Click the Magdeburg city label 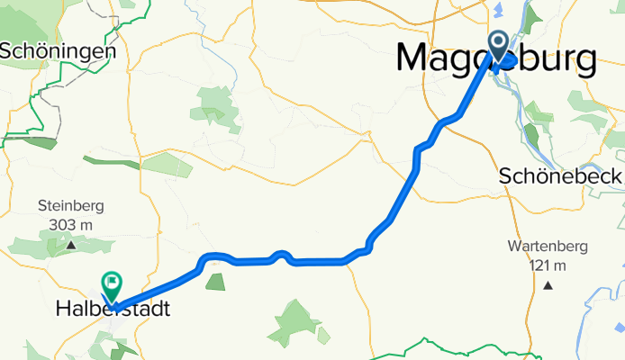click(495, 59)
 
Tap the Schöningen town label click(58, 51)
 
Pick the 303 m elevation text click(70, 224)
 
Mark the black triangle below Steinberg click(70, 244)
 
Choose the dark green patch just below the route click(215, 282)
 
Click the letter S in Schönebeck click(505, 176)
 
